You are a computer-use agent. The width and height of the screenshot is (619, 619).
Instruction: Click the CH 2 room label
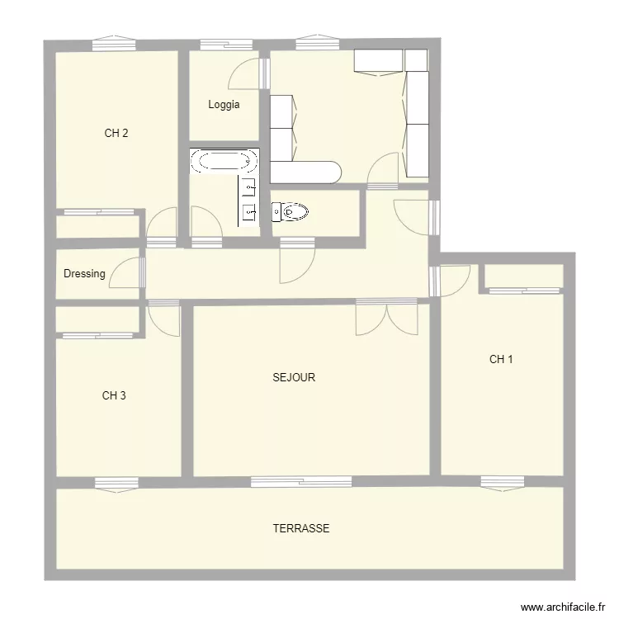[116, 133]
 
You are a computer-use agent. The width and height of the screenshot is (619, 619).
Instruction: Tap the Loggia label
[224, 105]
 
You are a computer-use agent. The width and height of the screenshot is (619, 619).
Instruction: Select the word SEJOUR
[294, 378]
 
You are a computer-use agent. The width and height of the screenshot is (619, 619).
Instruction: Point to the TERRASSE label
[301, 528]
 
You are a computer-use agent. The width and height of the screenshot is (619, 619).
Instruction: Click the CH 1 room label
[501, 359]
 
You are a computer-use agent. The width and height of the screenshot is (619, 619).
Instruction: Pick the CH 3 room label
[114, 395]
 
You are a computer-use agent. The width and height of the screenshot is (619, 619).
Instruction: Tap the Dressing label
[84, 274]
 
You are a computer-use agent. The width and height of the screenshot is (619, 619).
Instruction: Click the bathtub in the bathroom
[224, 160]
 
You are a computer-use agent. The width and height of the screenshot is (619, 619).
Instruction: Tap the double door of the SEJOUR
[385, 318]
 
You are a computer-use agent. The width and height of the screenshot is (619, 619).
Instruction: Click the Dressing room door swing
[126, 272]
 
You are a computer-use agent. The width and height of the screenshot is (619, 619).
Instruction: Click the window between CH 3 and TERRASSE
[116, 483]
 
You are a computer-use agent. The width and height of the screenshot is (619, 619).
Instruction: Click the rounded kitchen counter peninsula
[306, 172]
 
